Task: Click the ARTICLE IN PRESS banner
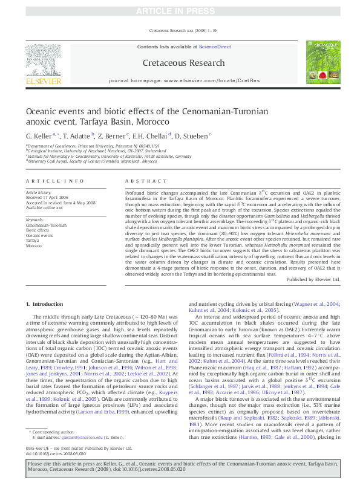180,11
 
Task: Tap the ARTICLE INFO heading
55,181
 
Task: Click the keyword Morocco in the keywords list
34,246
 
